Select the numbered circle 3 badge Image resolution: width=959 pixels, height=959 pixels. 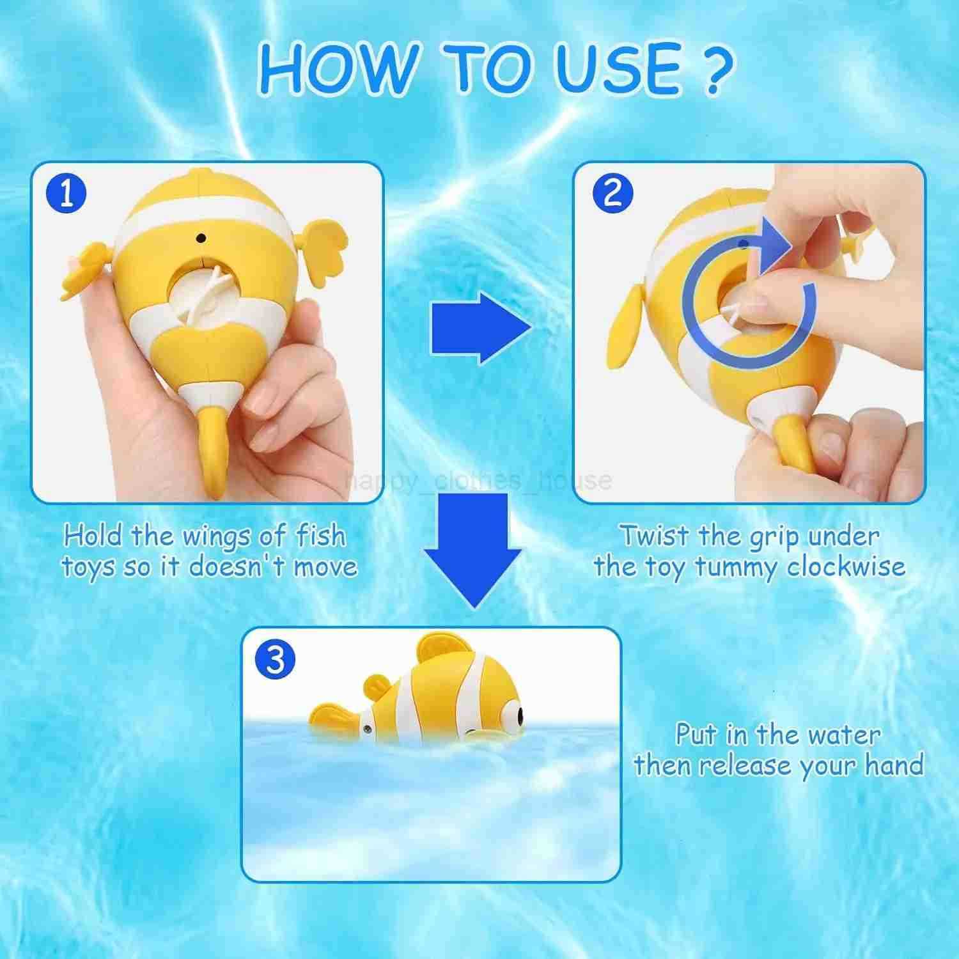(275, 659)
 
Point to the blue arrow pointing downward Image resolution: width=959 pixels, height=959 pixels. (473, 550)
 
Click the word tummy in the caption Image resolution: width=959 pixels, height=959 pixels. (735, 568)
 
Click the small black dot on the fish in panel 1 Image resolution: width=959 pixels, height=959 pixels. (201, 238)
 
